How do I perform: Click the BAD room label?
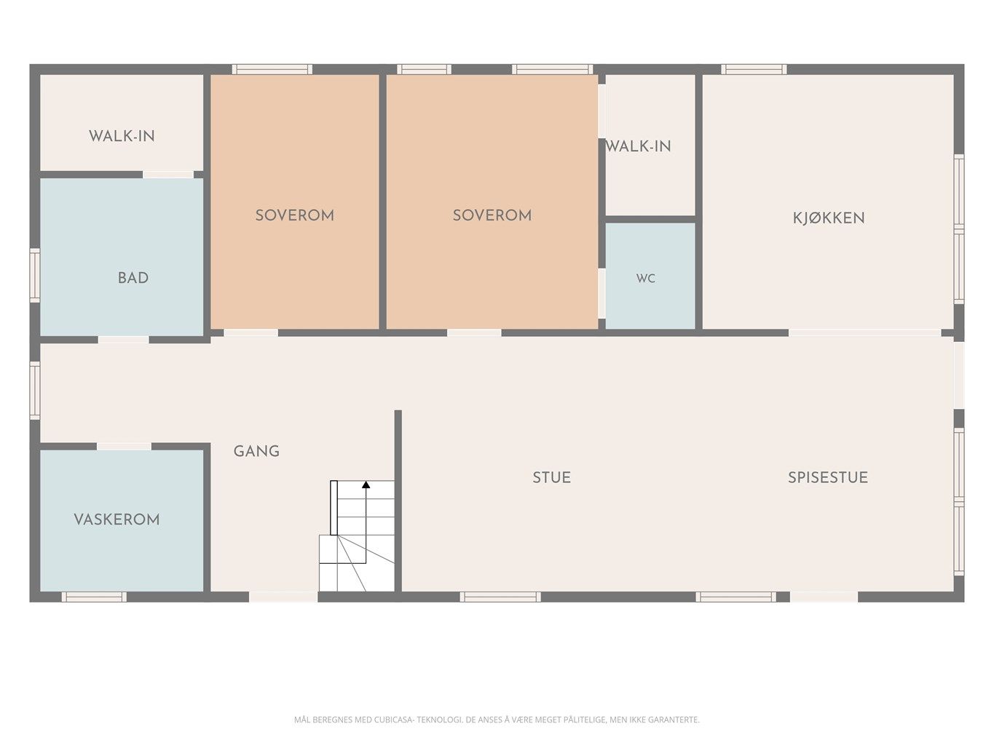133,278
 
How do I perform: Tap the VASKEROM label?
117,519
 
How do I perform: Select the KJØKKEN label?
829,218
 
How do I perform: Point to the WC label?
646,278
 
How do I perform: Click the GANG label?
256,451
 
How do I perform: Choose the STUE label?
551,477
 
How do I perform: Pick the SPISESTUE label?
828,477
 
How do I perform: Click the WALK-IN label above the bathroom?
122,136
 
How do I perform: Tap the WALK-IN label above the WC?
638,146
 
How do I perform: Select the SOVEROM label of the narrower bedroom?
295,215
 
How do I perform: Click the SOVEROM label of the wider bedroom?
492,215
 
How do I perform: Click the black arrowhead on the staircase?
366,485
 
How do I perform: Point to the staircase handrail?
334,508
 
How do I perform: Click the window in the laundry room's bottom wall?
94,597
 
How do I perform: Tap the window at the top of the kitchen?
754,69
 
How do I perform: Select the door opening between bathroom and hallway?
124,339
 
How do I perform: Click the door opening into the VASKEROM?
124,447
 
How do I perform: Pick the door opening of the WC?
601,294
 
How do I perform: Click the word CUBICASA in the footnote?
393,720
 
